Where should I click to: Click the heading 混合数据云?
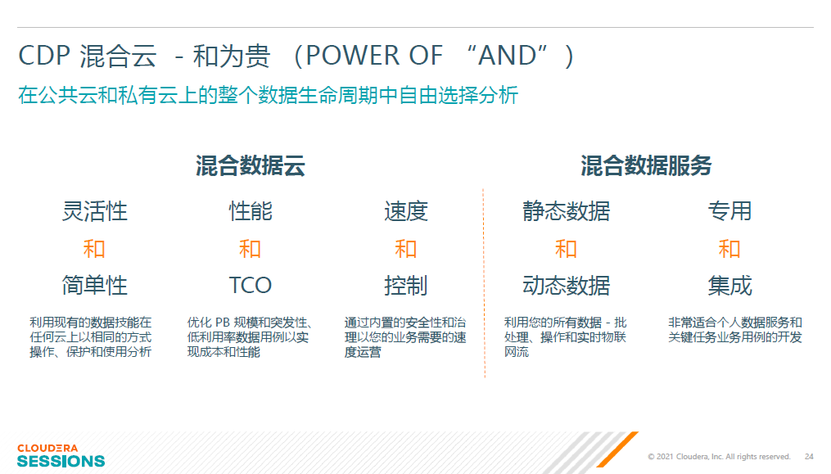pyautogui.click(x=251, y=166)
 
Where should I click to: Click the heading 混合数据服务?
pyautogui.click(x=646, y=166)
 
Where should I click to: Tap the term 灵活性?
pyautogui.click(x=95, y=211)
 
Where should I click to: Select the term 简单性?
pyautogui.click(x=95, y=285)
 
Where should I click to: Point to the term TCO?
pyautogui.click(x=251, y=285)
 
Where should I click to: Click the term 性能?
pyautogui.click(x=251, y=211)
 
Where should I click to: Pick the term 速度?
pyautogui.click(x=406, y=211)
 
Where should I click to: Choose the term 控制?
pyautogui.click(x=406, y=285)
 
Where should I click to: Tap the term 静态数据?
pyautogui.click(x=566, y=211)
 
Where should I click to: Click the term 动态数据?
pyautogui.click(x=566, y=285)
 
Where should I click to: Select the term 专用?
pyautogui.click(x=729, y=211)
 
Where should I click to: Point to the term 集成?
pyautogui.click(x=729, y=285)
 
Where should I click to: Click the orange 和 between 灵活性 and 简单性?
pyautogui.click(x=94, y=249)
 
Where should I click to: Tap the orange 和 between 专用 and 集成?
pyautogui.click(x=729, y=249)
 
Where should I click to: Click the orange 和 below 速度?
pyautogui.click(x=406, y=249)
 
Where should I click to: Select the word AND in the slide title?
pyautogui.click(x=508, y=55)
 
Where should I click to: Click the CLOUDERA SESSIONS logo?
pyautogui.click(x=61, y=455)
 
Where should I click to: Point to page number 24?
pyautogui.click(x=809, y=457)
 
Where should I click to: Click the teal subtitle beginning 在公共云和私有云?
pyautogui.click(x=269, y=95)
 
